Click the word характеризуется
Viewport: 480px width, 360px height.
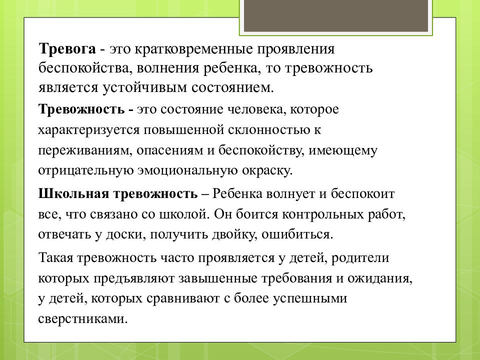[89, 130]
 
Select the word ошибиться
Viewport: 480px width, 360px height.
[306, 233]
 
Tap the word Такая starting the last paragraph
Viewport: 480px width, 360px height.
[56, 257]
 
